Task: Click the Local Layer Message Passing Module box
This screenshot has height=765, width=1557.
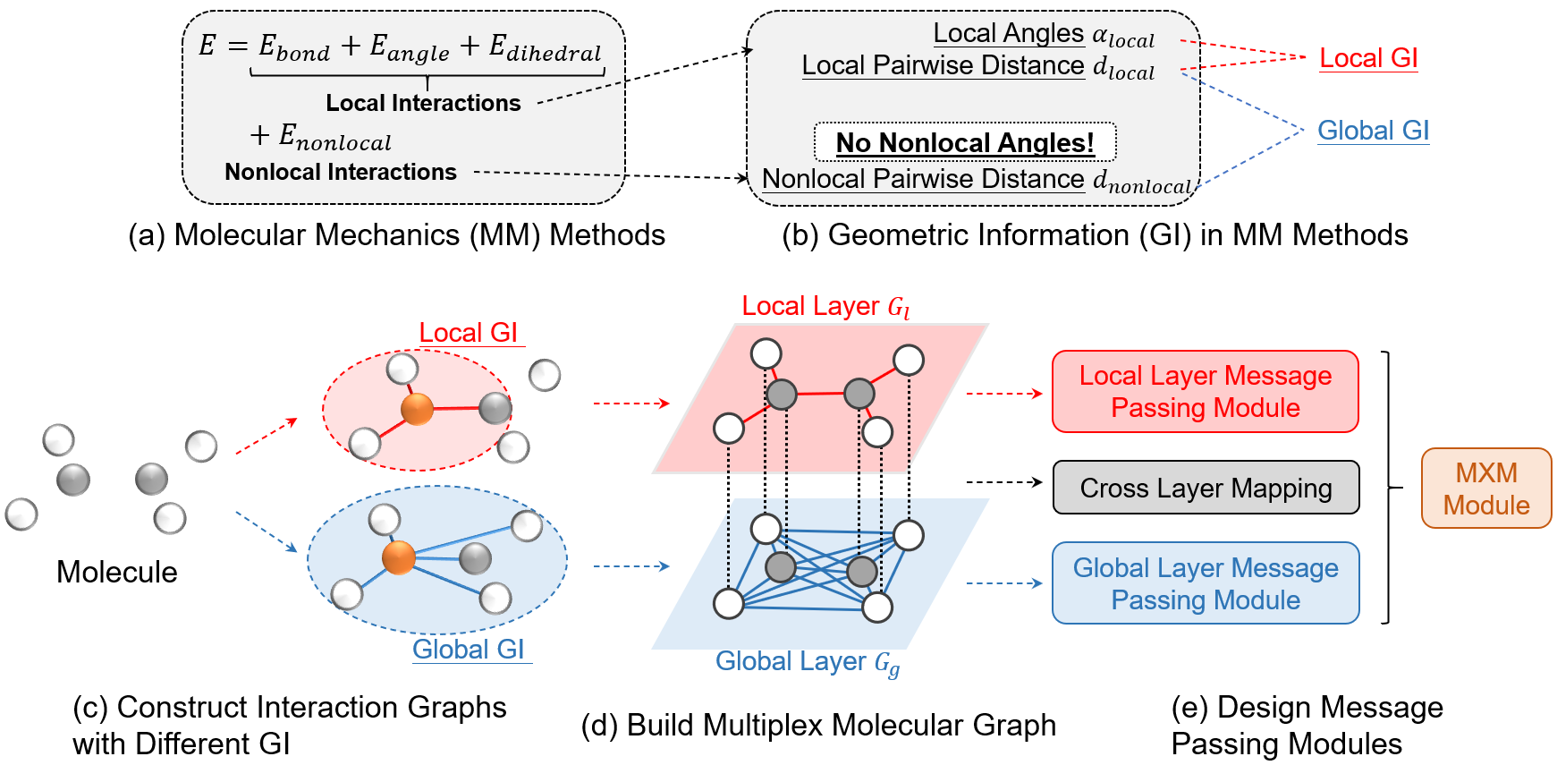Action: coord(1205,392)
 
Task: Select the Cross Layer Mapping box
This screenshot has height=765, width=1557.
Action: coord(1206,488)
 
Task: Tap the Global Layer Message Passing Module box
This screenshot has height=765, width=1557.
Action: coord(1206,583)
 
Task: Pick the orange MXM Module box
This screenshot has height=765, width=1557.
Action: coord(1485,489)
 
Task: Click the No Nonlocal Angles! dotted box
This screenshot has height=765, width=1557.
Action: coord(965,142)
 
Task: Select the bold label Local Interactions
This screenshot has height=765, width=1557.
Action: coord(423,103)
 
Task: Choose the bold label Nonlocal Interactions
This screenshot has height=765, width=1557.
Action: coord(340,172)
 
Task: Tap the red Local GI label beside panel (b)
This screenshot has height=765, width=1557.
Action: coord(1368,58)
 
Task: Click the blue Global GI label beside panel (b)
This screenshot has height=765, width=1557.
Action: coord(1373,131)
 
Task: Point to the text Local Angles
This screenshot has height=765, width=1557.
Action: coord(1008,33)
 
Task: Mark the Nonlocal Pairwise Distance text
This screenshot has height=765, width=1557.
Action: coord(923,179)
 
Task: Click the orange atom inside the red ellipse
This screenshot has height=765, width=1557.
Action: coord(417,410)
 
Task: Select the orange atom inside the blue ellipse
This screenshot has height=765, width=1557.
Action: coord(399,557)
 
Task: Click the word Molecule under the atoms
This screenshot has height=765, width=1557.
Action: coord(116,572)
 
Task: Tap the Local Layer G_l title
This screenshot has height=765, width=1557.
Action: coord(825,306)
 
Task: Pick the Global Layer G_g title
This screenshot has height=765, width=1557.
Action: coord(808,662)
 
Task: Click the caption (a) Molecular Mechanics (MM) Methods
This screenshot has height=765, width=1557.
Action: coord(396,234)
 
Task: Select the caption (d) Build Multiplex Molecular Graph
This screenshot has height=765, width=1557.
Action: coord(818,725)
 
